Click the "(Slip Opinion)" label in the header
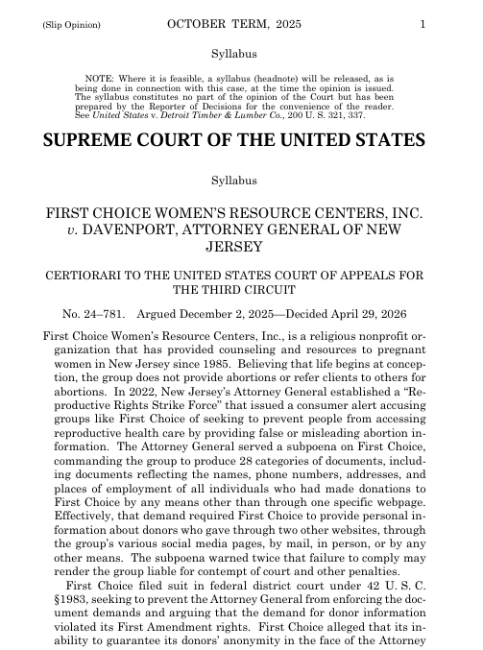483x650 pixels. click(x=70, y=25)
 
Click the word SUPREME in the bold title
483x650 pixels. click(x=93, y=141)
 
